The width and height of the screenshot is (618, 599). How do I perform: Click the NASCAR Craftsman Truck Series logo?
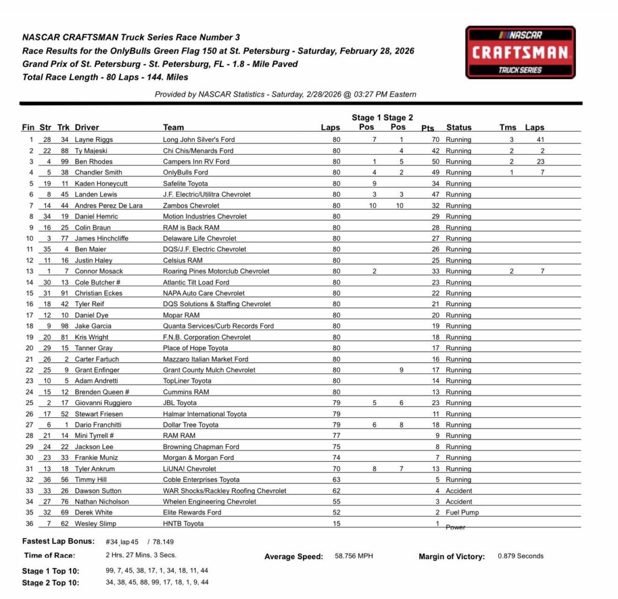520,52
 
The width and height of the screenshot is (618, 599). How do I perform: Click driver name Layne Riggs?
94,139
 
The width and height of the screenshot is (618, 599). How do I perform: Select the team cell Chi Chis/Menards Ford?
198,150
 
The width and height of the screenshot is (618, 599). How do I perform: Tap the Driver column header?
87,127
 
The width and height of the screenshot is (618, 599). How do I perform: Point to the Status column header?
459,127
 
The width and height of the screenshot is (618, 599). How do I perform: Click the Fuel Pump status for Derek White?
462,513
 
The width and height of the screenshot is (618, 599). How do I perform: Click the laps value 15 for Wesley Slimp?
336,524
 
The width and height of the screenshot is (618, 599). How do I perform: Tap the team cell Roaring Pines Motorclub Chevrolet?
216,271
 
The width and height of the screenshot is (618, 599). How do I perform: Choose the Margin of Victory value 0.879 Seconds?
520,556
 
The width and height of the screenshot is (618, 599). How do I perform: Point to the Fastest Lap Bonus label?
58,541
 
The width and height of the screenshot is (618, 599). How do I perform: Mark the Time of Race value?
141,555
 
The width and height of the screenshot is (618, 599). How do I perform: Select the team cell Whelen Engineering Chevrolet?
209,502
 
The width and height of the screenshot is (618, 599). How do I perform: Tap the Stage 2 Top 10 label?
50,583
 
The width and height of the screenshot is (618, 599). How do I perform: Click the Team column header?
174,127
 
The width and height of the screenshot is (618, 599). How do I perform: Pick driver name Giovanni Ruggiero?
103,403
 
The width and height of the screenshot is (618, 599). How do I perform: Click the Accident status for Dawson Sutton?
459,491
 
